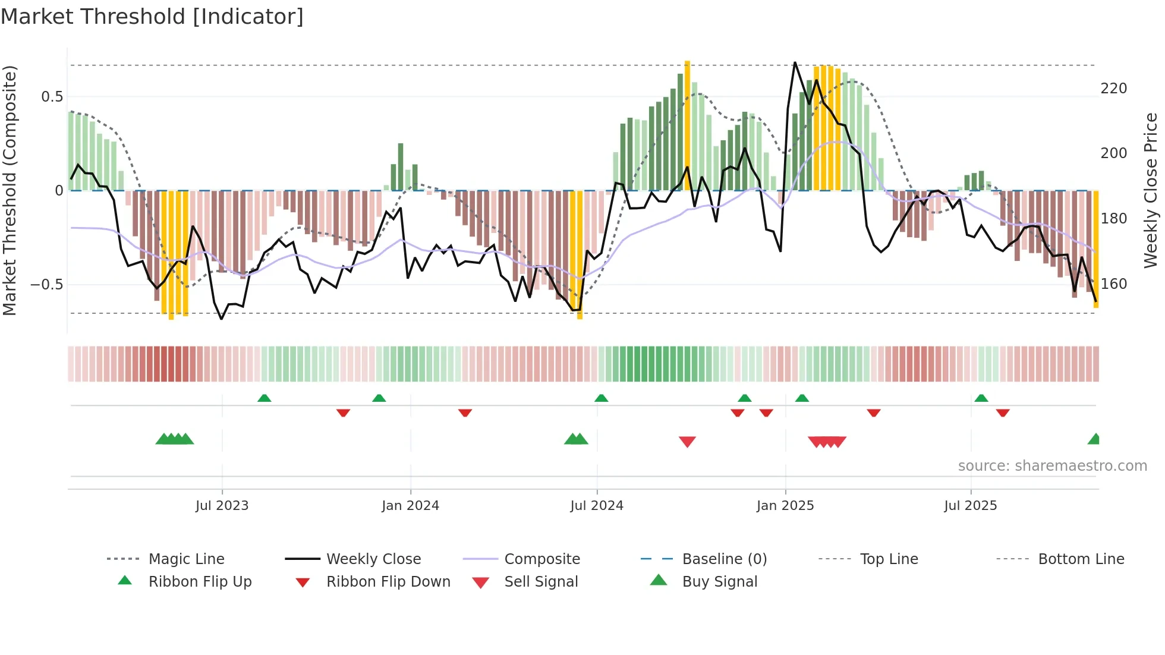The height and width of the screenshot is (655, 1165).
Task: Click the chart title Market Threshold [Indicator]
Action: [152, 17]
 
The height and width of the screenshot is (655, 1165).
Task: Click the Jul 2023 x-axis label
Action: [222, 506]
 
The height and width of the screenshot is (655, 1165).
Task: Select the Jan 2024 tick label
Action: [410, 506]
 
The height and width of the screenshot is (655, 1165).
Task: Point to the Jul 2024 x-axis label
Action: [597, 506]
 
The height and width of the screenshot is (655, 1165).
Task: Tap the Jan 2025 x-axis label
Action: [785, 506]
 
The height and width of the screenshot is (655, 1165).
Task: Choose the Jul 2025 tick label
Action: [971, 506]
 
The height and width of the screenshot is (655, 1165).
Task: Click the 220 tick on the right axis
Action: [1113, 89]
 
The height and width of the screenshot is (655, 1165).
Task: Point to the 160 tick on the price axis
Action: [1113, 284]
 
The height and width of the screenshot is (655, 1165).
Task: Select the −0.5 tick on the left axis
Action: [46, 285]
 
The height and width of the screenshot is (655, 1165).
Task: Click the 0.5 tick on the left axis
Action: [52, 97]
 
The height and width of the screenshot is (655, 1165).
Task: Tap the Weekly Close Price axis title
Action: [1151, 190]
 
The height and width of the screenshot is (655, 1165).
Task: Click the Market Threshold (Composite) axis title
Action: [10, 190]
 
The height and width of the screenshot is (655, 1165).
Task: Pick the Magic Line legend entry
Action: [186, 559]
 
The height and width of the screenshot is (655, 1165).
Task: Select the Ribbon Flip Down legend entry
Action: [388, 582]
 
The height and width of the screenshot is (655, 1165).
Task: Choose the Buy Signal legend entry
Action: [719, 582]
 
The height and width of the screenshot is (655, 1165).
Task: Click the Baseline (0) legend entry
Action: [724, 559]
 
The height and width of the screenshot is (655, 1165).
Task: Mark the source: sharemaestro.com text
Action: [1052, 466]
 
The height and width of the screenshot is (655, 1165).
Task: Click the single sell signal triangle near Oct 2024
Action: [687, 442]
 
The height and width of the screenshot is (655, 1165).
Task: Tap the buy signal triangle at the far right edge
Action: [1094, 439]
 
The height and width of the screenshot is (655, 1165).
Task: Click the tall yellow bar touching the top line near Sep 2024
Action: [687, 125]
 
